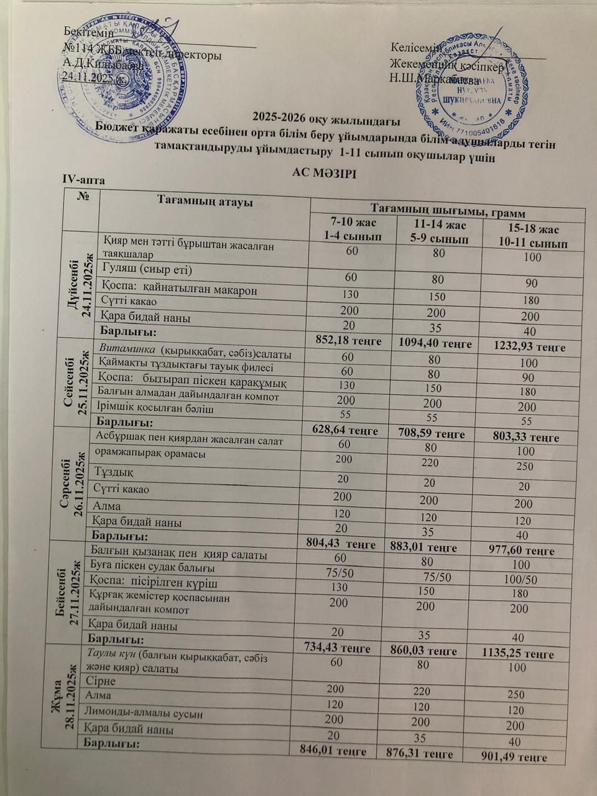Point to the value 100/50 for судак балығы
coord(521,580)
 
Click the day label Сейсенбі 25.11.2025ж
coord(75,381)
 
